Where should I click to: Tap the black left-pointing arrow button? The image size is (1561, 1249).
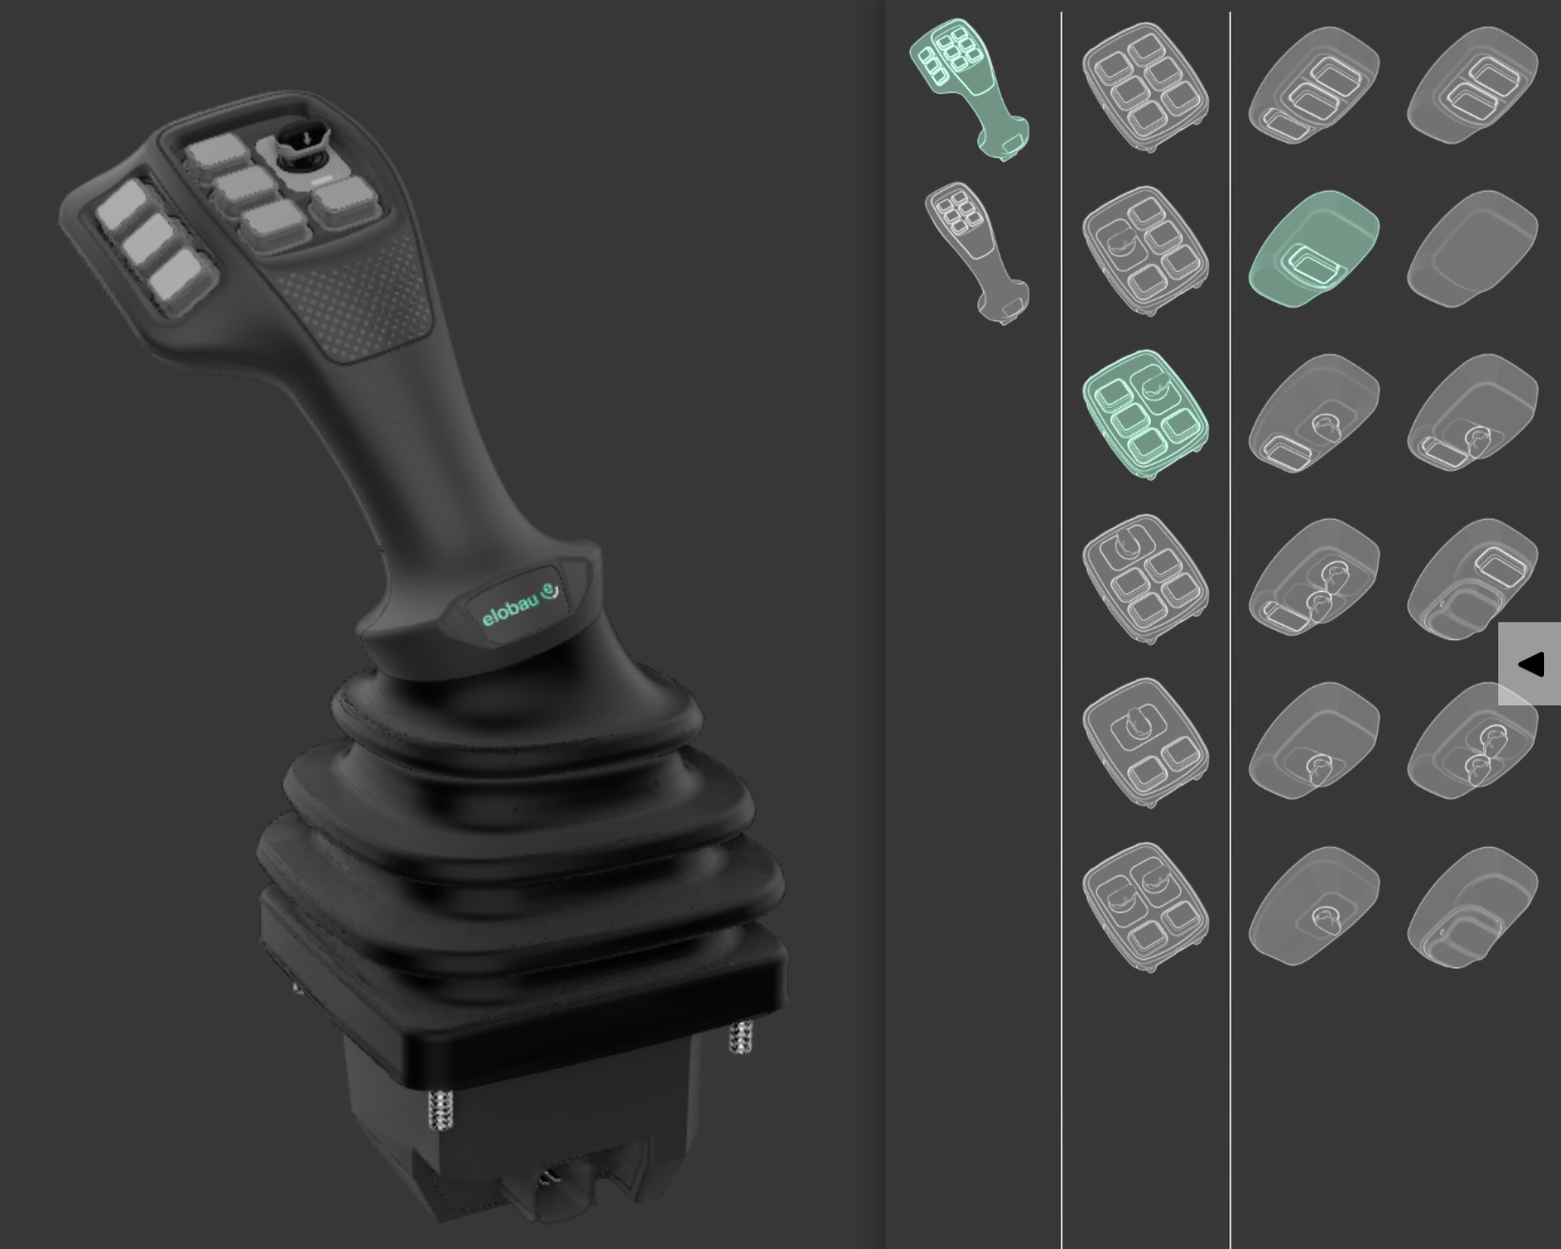(x=1530, y=664)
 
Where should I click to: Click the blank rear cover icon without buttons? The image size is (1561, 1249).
(x=1472, y=248)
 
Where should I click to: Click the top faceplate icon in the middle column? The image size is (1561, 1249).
(x=1146, y=87)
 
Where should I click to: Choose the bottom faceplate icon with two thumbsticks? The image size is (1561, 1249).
(x=1146, y=906)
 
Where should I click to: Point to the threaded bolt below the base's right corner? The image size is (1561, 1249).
(x=740, y=1036)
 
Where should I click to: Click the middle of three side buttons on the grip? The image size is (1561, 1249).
(x=152, y=243)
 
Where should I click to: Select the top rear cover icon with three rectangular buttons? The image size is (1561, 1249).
(x=1313, y=87)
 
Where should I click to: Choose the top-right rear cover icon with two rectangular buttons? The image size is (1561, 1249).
(x=1472, y=87)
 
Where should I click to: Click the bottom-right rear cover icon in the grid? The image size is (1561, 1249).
(x=1472, y=907)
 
